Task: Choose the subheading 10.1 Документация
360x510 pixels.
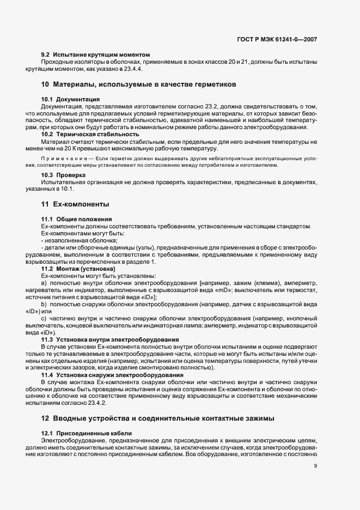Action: tap(70, 99)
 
